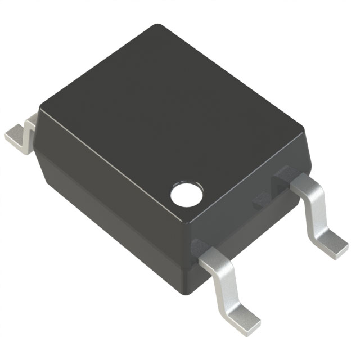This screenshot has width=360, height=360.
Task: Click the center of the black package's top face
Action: [169, 124]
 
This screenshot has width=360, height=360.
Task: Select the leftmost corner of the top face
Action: [40, 107]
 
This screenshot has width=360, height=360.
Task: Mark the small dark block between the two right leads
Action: [262, 200]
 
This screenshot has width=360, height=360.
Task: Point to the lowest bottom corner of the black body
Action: [191, 292]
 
